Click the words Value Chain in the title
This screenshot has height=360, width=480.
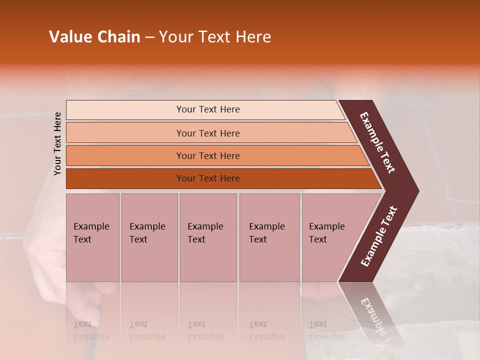pyautogui.click(x=94, y=37)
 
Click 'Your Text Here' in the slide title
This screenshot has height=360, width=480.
pyautogui.click(x=215, y=37)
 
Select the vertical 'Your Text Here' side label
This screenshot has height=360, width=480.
pyautogui.click(x=57, y=143)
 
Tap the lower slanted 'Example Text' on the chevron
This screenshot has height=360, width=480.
pyautogui.click(x=379, y=236)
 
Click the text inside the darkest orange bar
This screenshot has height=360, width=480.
pyautogui.click(x=208, y=178)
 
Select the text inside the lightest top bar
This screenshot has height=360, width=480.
pyautogui.click(x=208, y=109)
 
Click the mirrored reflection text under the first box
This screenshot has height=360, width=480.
pyautogui.click(x=91, y=330)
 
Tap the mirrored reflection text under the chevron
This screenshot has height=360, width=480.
pyautogui.click(x=372, y=315)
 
